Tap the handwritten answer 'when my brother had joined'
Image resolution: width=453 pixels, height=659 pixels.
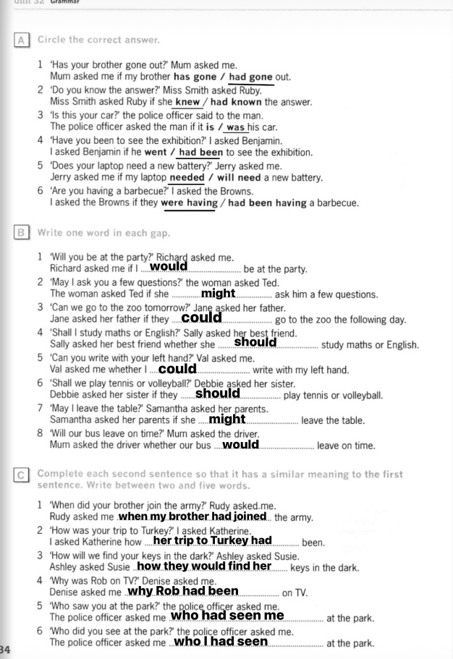(x=192, y=516)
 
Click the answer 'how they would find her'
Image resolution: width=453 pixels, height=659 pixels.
(x=203, y=566)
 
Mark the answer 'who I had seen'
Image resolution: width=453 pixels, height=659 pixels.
(x=221, y=641)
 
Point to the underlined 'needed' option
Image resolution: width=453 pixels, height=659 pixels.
(x=187, y=178)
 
